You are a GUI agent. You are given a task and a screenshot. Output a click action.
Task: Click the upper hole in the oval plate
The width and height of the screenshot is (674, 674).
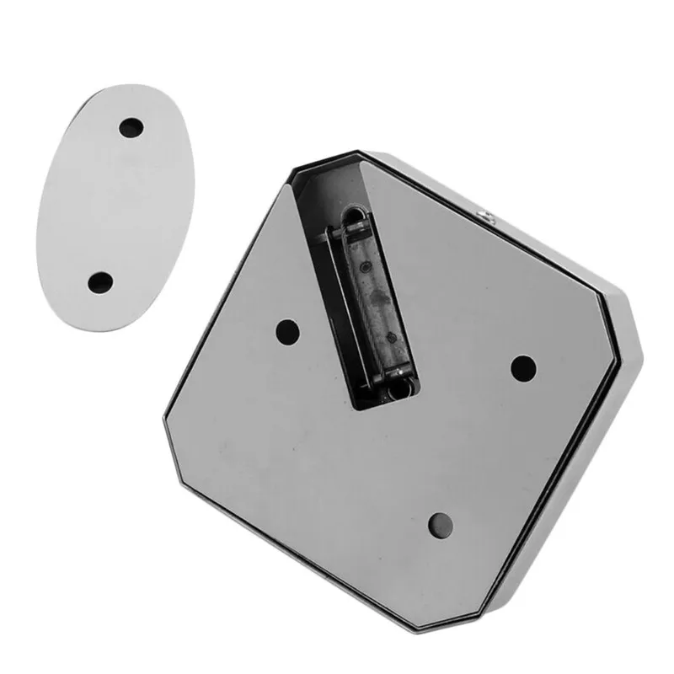[131, 129]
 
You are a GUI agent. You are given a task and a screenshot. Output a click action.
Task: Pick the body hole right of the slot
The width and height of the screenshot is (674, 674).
[523, 366]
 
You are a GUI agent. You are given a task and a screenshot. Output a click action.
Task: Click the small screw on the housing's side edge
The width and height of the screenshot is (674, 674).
[485, 217]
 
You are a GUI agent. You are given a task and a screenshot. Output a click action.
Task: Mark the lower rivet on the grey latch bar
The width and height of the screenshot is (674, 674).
[390, 338]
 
